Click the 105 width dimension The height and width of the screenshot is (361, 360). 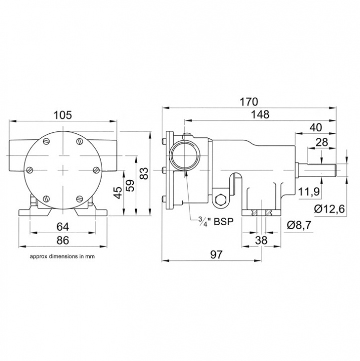click(x=63, y=114)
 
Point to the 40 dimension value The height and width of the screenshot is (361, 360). click(x=315, y=127)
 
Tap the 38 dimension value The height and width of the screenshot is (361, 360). click(x=261, y=240)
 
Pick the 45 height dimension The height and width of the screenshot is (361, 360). click(x=117, y=192)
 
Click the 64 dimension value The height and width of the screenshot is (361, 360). click(x=63, y=226)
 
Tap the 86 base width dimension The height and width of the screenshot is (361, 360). click(x=63, y=240)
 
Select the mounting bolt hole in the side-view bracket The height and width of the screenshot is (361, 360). click(x=220, y=201)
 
